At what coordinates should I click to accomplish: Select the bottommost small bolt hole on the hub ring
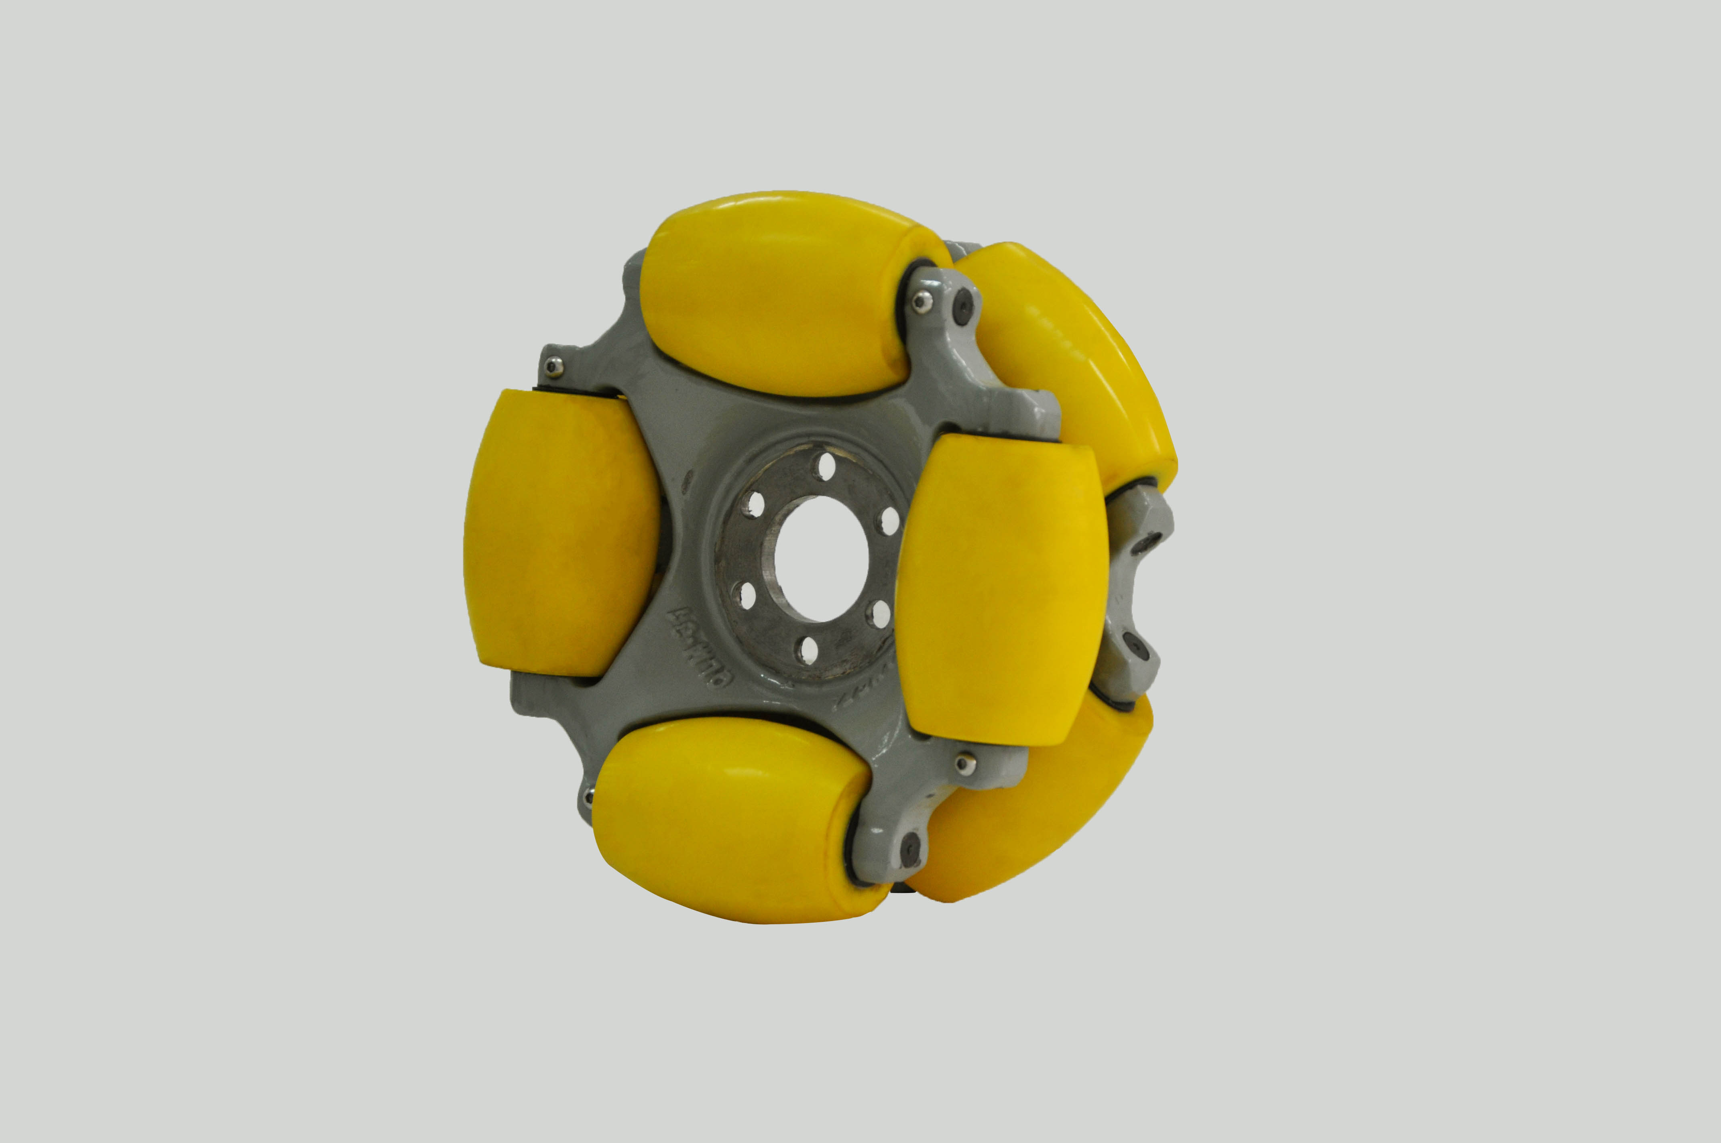point(806,649)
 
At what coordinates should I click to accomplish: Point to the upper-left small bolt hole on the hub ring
point(756,503)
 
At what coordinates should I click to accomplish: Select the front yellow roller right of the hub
point(1000,590)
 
